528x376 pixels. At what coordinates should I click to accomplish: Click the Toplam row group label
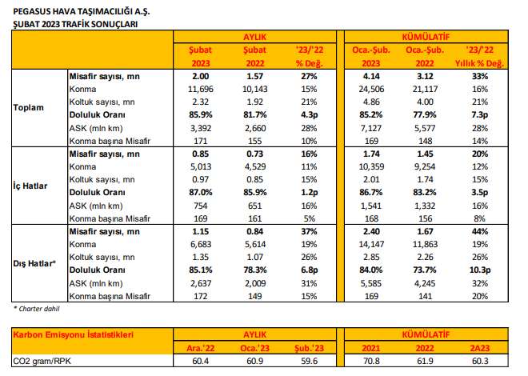(x=30, y=106)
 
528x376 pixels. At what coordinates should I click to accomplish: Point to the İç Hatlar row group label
(x=31, y=186)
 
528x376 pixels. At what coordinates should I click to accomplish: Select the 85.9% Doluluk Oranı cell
(x=194, y=114)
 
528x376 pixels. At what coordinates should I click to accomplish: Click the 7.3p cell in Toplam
(x=486, y=114)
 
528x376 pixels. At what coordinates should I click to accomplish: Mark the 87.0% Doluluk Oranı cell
(x=194, y=192)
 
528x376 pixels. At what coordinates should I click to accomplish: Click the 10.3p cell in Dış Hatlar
(x=486, y=270)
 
